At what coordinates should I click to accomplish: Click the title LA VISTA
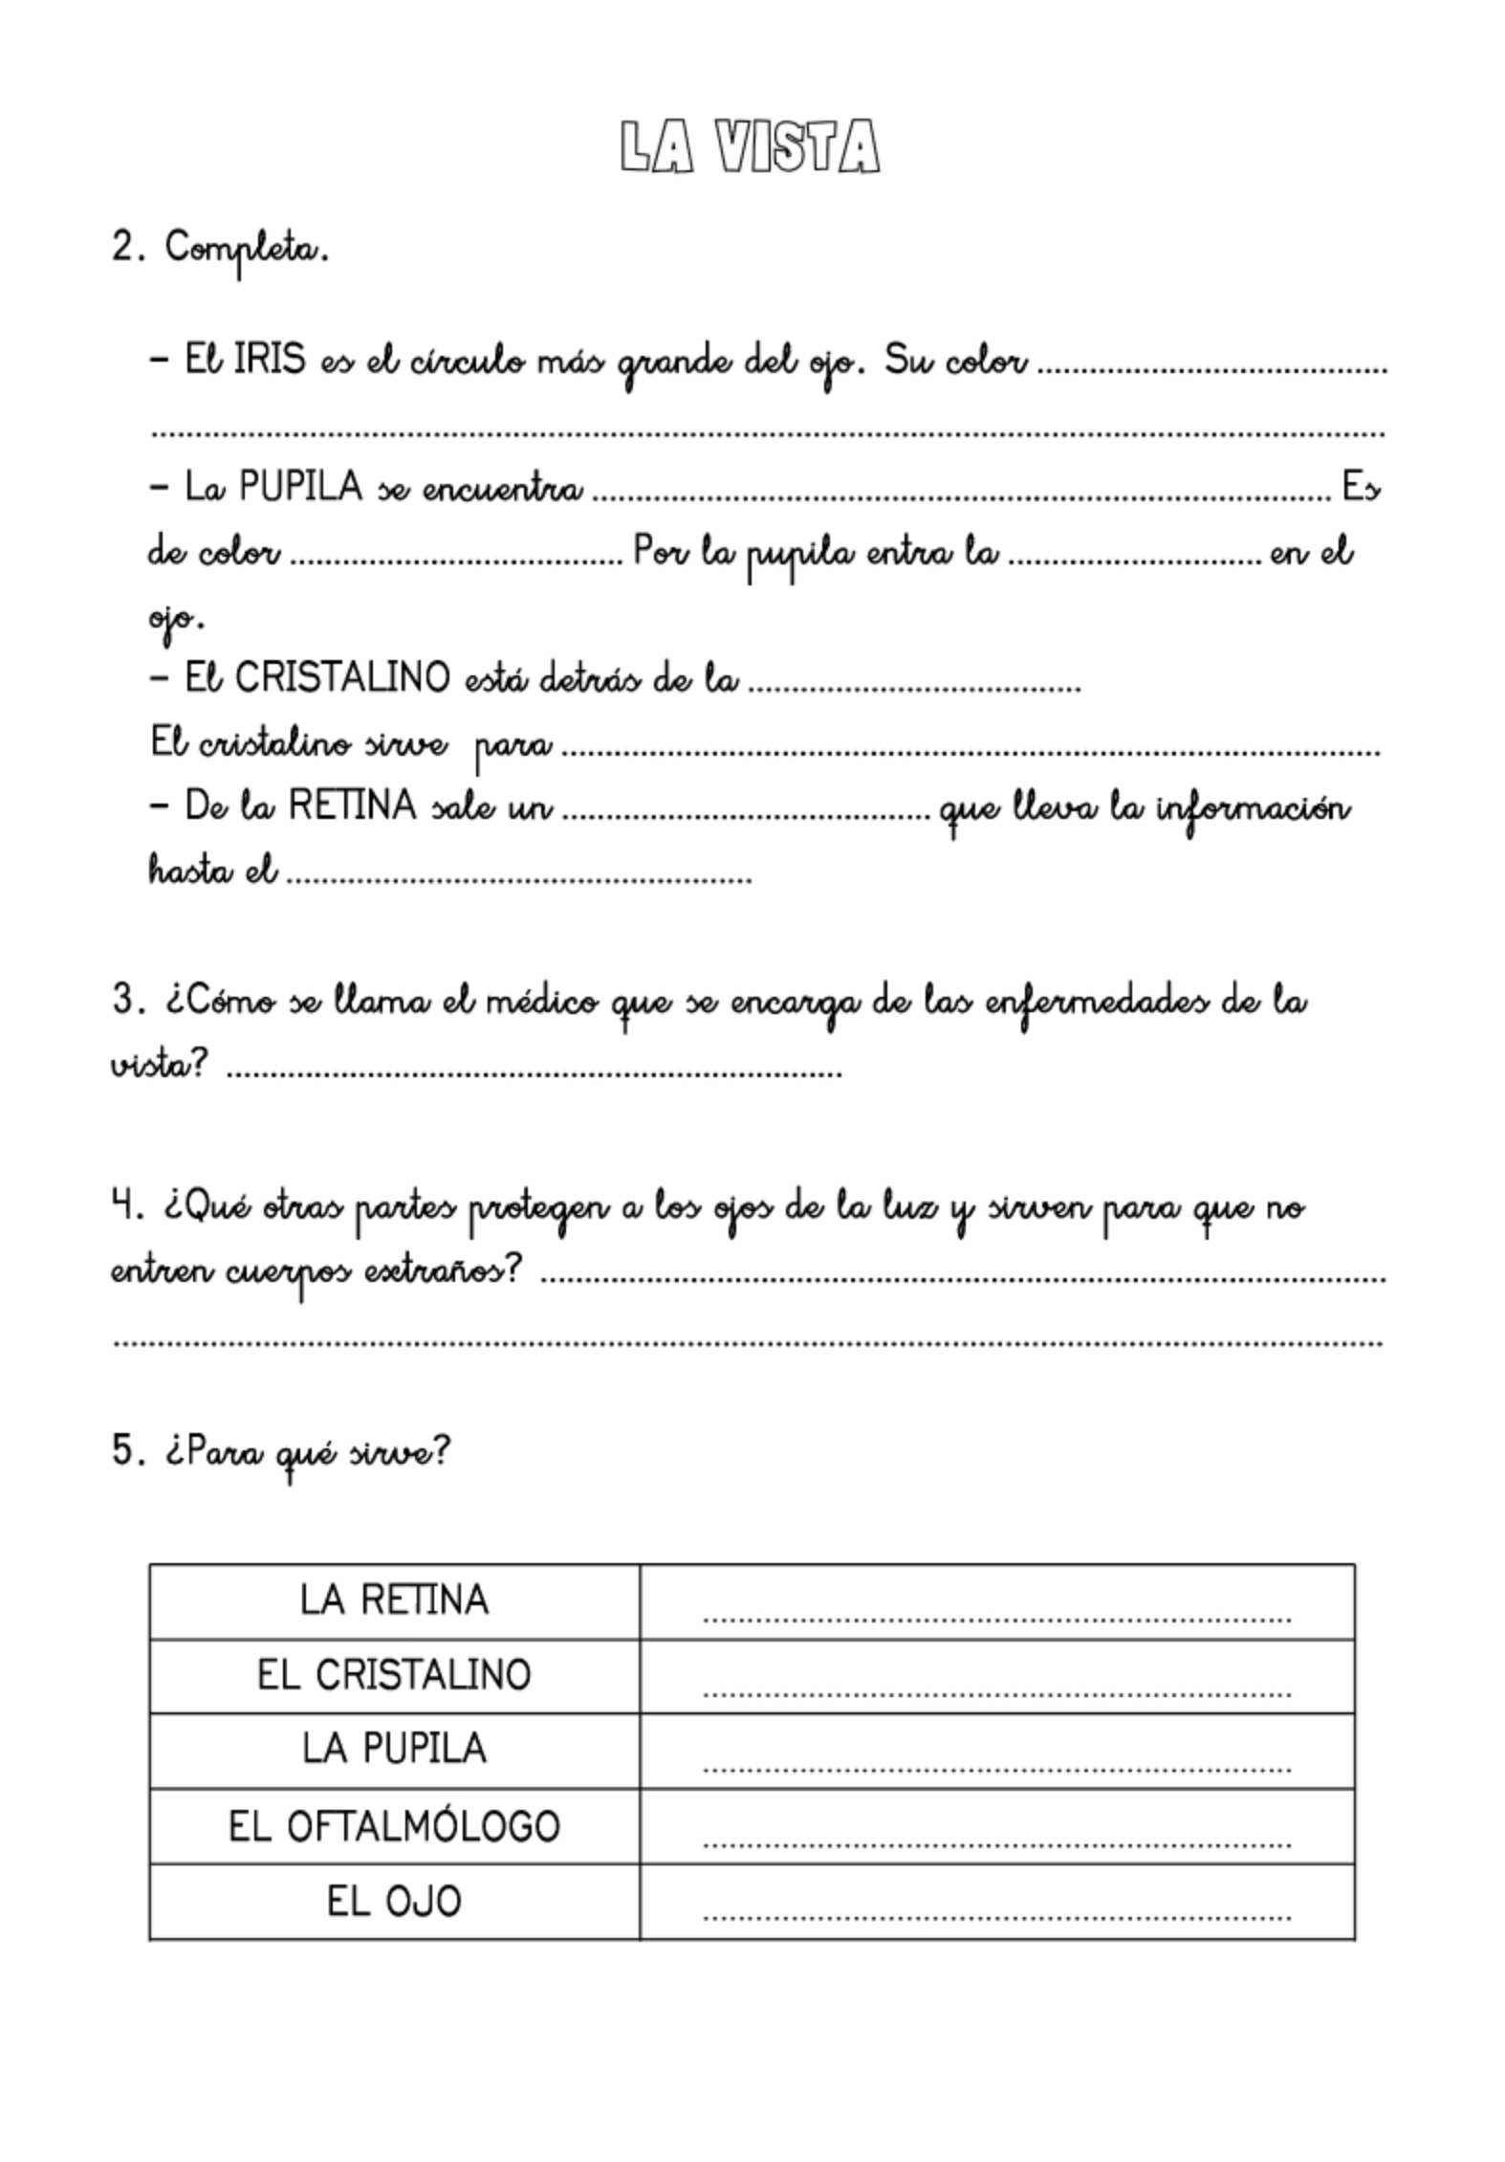[x=750, y=148]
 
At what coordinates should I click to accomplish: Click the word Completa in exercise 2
[x=247, y=250]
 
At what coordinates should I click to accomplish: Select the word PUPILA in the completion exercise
[x=301, y=487]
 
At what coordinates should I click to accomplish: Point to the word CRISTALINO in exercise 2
[x=342, y=678]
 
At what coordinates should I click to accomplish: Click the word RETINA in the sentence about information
[x=352, y=805]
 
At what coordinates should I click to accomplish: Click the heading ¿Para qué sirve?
[x=306, y=1451]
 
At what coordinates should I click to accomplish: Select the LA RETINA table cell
[x=394, y=1600]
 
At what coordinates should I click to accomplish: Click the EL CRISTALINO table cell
[x=394, y=1675]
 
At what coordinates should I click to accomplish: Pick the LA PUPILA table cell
[x=394, y=1750]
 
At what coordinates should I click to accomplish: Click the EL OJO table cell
[x=394, y=1901]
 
